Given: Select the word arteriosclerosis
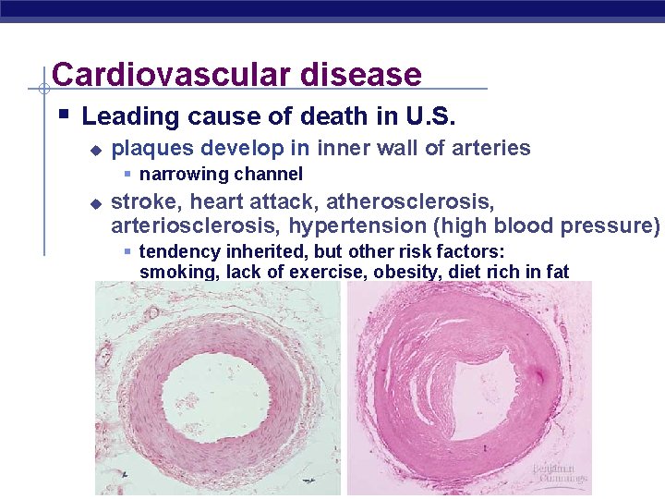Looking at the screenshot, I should (197, 225).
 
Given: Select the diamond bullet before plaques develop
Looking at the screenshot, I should (93, 149).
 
